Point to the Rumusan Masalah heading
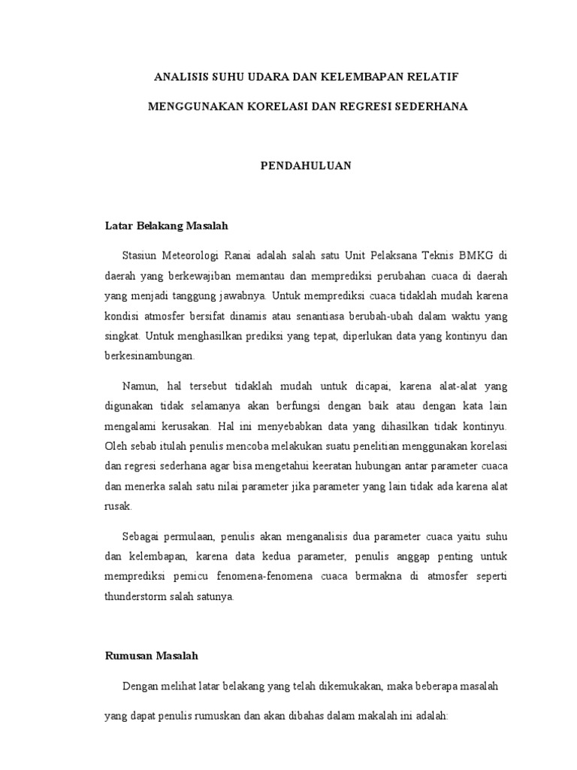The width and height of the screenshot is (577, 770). pos(150,656)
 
